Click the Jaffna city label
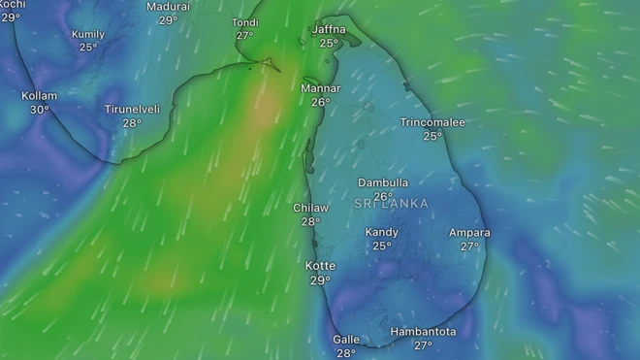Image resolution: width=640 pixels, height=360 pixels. (329, 29)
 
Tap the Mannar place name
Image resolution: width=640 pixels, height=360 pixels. (320, 88)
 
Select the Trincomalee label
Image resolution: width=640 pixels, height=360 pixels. (432, 122)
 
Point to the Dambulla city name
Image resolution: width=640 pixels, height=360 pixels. (383, 182)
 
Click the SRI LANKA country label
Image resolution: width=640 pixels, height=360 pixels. (391, 203)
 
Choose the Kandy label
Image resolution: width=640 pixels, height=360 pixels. (382, 232)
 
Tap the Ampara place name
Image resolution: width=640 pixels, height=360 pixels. (469, 233)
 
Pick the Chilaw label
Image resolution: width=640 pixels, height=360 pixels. (310, 208)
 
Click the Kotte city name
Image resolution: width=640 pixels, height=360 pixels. (320, 266)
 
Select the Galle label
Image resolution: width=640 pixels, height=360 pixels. (346, 340)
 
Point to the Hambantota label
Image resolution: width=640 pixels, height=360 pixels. (423, 332)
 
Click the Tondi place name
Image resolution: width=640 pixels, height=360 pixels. (245, 22)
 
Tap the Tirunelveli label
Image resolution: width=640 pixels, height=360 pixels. (132, 110)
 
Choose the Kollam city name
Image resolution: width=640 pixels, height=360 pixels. (40, 96)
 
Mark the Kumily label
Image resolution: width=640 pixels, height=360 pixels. (88, 34)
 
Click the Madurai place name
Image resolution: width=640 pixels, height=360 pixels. (168, 7)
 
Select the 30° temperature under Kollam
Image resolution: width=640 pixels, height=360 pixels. (40, 110)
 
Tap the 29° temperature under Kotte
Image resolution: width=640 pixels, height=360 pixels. (320, 280)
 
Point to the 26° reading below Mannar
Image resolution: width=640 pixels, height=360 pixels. (320, 102)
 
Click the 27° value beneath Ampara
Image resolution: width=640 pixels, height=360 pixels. (469, 246)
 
